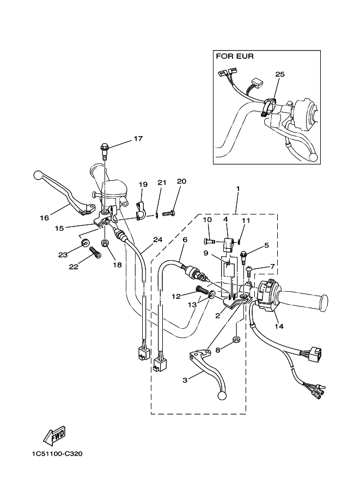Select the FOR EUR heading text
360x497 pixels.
point(235,56)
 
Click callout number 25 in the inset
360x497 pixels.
point(280,74)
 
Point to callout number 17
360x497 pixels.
point(138,139)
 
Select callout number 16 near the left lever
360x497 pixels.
point(44,218)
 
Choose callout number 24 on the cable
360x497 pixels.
point(157,240)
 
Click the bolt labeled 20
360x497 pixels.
point(168,213)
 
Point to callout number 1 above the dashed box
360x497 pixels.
point(237,188)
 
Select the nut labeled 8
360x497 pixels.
point(237,340)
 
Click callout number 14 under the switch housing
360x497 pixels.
point(279,327)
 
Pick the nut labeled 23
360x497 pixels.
point(85,242)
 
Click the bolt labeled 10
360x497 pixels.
point(211,241)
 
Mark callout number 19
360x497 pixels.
point(142,185)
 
